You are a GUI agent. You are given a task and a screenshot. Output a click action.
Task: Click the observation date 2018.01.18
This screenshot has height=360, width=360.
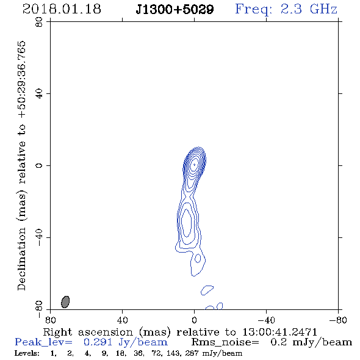pos(62,9)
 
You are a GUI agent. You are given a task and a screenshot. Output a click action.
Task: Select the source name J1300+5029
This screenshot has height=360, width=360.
pos(175,9)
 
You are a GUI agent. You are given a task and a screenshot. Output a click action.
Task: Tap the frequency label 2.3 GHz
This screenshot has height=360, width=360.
pos(309,9)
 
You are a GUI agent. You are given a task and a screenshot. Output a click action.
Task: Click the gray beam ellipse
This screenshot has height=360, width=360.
pos(65,302)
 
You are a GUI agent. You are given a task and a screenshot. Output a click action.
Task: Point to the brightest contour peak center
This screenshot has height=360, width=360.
pos(195,164)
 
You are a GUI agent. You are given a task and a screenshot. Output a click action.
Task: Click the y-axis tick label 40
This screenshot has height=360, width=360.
pos(39,94)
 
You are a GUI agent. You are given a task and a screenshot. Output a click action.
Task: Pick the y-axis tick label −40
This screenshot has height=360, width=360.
pos(39,237)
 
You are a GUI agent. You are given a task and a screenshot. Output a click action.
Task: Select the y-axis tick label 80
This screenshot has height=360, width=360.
pos(39,22)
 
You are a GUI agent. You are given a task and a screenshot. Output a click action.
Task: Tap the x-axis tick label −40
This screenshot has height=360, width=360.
pos(266,320)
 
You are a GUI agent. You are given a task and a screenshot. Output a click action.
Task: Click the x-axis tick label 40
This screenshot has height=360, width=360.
pos(122,320)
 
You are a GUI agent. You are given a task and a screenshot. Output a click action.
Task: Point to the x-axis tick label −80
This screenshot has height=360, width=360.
pos(338,320)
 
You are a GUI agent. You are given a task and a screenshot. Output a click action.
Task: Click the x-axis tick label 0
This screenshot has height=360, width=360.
pos(194,320)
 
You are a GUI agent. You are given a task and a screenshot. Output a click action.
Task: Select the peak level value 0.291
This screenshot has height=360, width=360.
pos(98,342)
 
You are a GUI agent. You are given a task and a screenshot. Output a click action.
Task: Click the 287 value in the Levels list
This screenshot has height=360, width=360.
pos(192,353)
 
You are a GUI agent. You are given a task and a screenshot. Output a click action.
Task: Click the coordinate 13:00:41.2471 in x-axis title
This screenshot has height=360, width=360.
pos(279,332)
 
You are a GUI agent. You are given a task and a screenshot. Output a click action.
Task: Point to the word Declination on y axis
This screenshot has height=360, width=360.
pos(21,259)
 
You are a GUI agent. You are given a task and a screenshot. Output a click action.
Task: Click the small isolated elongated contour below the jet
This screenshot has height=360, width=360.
pos(207,290)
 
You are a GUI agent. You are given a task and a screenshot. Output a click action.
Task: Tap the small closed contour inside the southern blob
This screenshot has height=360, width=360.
pos(198,258)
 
